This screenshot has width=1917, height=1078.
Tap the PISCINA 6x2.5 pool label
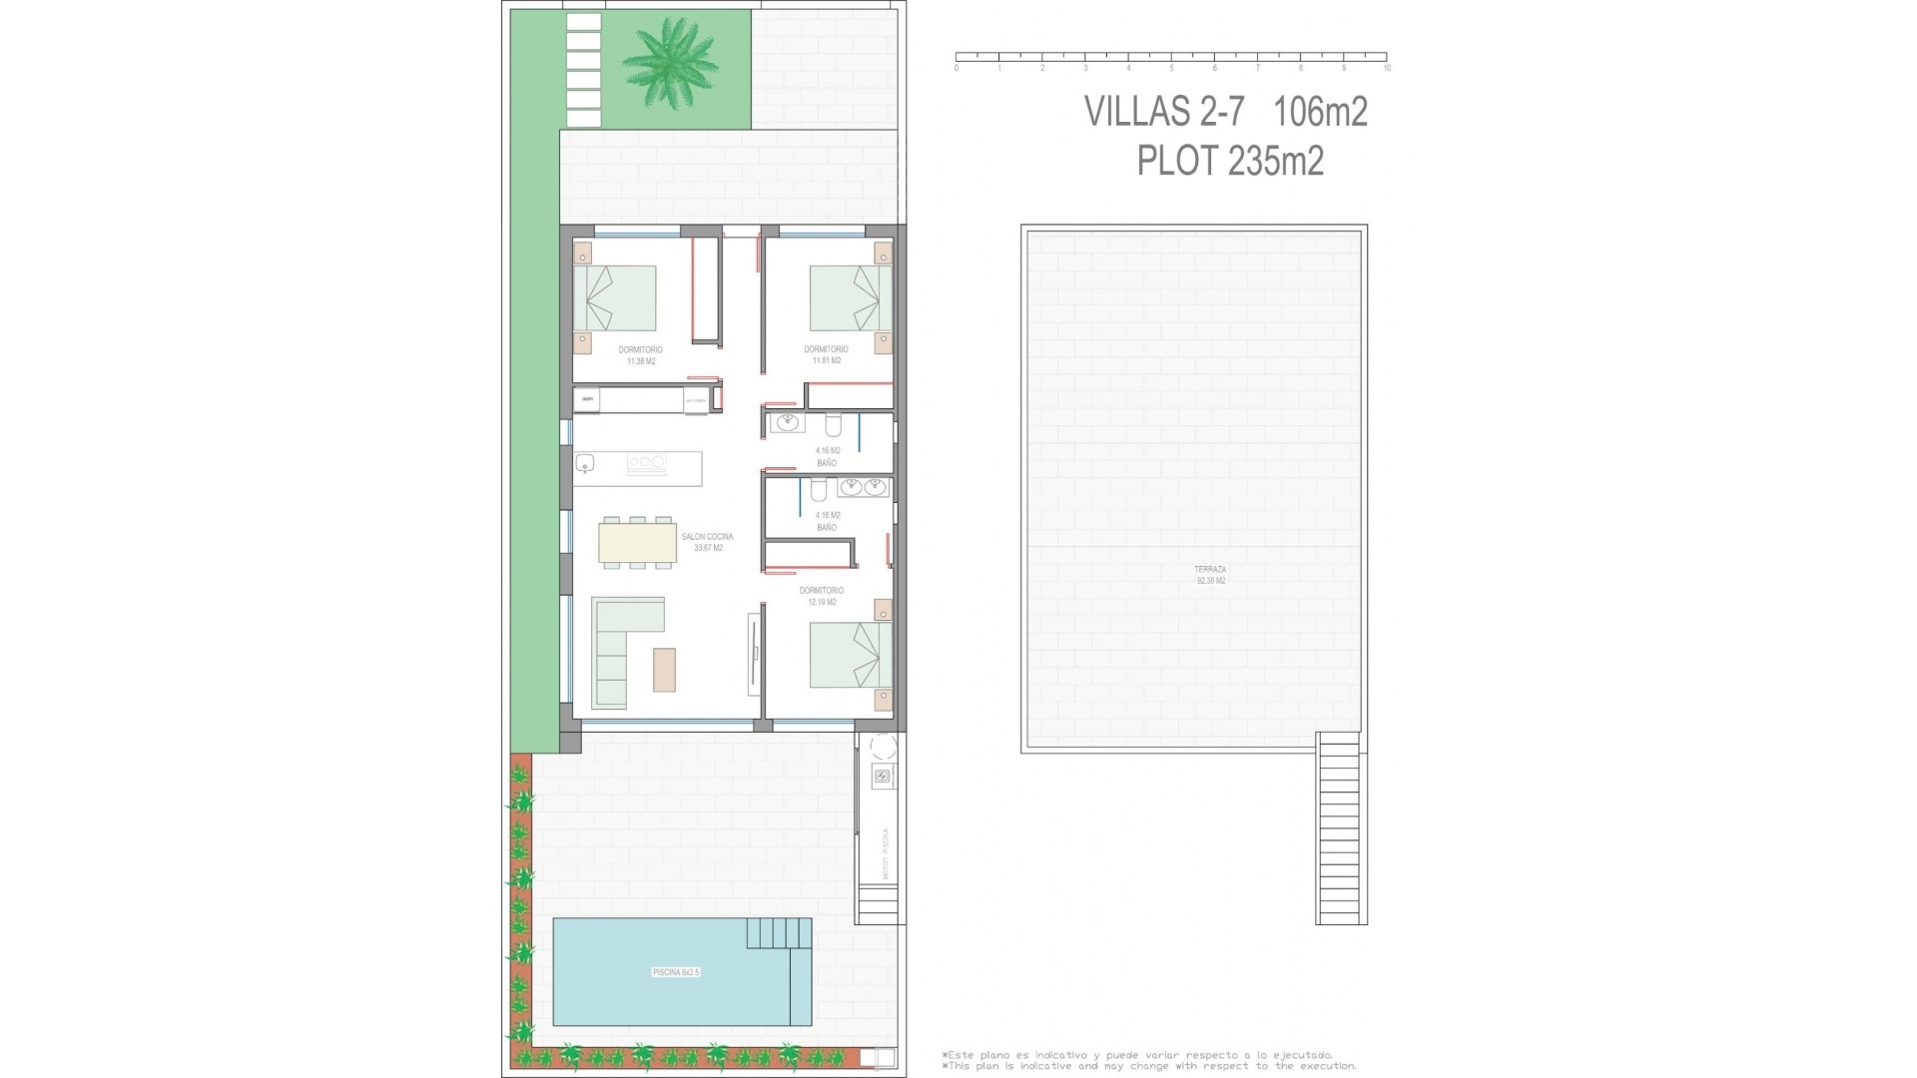tap(676, 972)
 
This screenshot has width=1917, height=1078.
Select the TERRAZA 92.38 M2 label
tap(1210, 575)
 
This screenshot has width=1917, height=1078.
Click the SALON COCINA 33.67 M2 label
tap(707, 542)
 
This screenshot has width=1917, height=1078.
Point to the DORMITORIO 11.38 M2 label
tap(640, 355)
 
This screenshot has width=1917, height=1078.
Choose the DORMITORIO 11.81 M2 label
tap(826, 354)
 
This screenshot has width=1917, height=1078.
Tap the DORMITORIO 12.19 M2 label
tap(821, 596)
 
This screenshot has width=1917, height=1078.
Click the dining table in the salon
tap(637, 542)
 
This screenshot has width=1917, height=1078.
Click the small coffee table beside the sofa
tap(664, 670)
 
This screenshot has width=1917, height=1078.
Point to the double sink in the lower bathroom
tap(863, 487)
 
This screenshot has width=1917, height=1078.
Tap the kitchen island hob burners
tap(646, 462)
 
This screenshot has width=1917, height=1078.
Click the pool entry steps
tap(779, 933)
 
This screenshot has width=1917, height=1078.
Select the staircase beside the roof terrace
tap(1340, 828)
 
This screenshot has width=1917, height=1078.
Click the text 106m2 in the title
tap(1320, 112)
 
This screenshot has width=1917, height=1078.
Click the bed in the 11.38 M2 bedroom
tap(615, 297)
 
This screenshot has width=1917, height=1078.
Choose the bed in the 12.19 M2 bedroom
tap(851, 655)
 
